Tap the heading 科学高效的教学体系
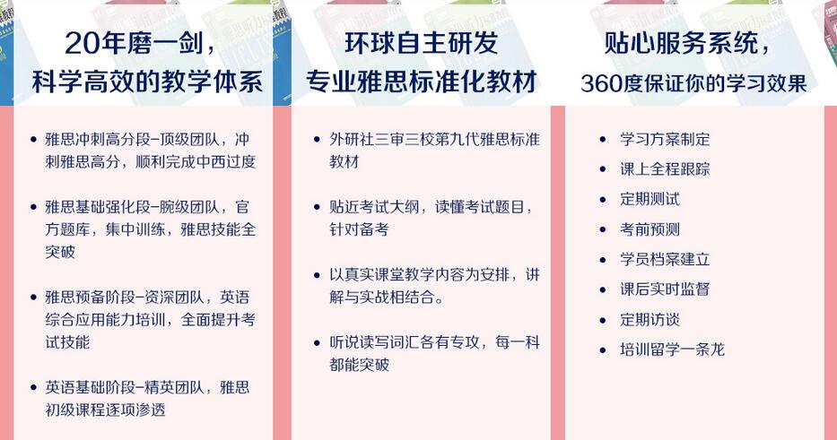pos(147,82)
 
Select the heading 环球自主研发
pos(421,43)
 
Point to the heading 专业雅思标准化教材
pos(421,82)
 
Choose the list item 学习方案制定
pos(665,139)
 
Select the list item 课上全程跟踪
pos(665,169)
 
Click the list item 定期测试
pos(650,199)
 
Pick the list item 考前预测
pos(650,229)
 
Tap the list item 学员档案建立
pos(665,259)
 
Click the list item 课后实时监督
pos(665,289)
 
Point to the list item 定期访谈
pos(650,319)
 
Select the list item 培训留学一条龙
pos(672,349)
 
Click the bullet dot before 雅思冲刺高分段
pos(34,140)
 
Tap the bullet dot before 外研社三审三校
pos(317,140)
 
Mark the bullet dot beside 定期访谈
pos(603,320)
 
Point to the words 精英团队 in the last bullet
pos(174,387)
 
